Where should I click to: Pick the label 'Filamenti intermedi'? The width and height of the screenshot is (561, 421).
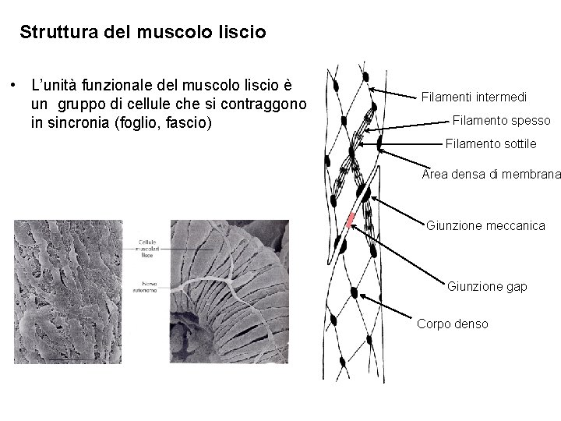click(474, 97)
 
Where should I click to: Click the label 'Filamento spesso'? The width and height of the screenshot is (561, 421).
click(501, 121)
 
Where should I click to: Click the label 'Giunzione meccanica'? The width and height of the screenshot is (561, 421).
click(485, 226)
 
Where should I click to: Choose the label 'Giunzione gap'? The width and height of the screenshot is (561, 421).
click(487, 287)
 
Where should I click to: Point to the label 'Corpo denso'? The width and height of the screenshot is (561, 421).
click(453, 323)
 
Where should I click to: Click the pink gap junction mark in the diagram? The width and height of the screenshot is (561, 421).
click(351, 219)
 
